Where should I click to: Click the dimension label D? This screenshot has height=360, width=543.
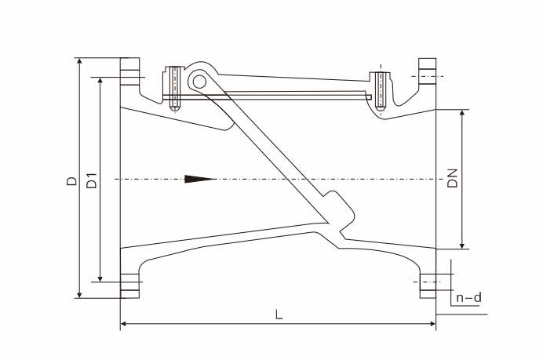coord(71,181)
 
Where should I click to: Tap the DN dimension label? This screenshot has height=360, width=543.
coord(452,179)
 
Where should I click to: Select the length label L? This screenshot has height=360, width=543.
coord(279,315)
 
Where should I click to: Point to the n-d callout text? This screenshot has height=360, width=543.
coord(469,297)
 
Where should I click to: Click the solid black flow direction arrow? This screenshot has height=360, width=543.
coord(201,179)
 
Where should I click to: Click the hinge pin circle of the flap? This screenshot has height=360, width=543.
coord(199,82)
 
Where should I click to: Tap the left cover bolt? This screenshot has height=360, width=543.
coord(175,89)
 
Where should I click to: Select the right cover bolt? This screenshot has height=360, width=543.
coord(381,92)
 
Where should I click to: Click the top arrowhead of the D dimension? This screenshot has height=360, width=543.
coord(80,62)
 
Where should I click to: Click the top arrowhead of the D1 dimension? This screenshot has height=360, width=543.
coord(100,82)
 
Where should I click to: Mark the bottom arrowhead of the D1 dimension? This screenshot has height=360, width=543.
coord(100,278)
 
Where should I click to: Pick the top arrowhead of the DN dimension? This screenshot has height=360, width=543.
coord(462,115)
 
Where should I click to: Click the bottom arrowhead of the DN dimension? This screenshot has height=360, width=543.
coord(462,245)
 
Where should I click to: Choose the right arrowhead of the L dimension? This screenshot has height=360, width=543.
coord(432,324)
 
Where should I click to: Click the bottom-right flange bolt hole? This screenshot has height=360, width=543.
coord(428,282)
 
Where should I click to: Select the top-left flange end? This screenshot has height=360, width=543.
coord(129,71)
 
